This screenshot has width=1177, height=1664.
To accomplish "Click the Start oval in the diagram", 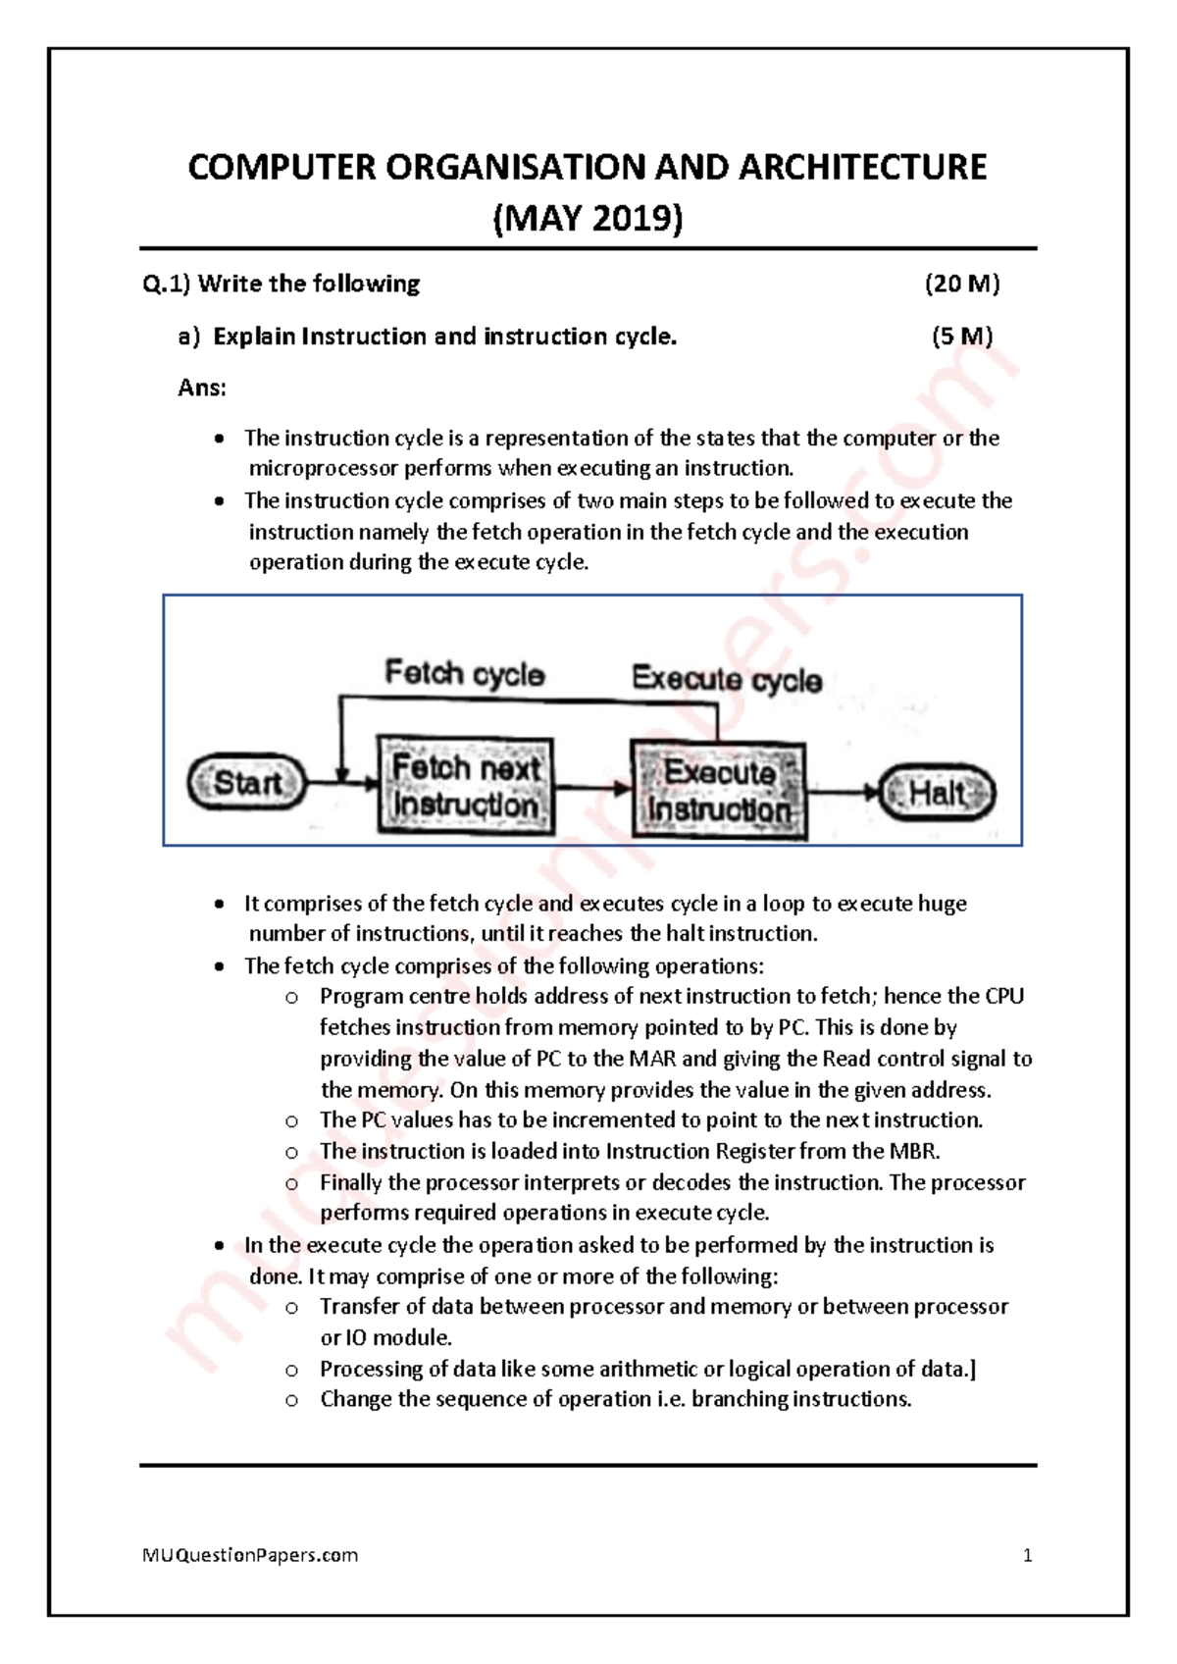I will (x=247, y=782).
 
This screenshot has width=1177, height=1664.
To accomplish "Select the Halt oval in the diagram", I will (x=937, y=793).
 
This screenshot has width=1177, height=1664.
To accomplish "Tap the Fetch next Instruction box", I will (x=465, y=786).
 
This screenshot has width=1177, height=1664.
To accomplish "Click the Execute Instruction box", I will (x=719, y=791).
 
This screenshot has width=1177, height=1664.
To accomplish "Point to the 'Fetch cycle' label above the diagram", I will (x=464, y=673).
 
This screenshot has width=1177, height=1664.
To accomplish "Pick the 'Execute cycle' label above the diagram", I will (x=726, y=679).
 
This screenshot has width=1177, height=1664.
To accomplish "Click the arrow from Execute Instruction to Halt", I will (x=844, y=792).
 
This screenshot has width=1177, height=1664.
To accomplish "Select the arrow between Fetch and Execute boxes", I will (x=592, y=787).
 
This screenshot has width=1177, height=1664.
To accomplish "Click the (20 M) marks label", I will (x=961, y=284).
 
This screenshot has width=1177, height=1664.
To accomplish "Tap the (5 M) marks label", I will (x=961, y=337).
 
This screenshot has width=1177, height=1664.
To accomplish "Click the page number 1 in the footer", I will (x=1027, y=1555).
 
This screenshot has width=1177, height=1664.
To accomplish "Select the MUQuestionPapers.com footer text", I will (x=250, y=1555).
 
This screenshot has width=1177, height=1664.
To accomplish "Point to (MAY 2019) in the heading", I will (x=588, y=218).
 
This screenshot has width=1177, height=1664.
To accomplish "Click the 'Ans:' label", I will (x=202, y=388).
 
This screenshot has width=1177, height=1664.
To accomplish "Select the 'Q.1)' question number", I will (x=166, y=284).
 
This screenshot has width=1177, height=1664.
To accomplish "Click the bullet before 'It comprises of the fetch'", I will (x=220, y=904).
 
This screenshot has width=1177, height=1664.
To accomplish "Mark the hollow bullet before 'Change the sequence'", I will (x=291, y=1400).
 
